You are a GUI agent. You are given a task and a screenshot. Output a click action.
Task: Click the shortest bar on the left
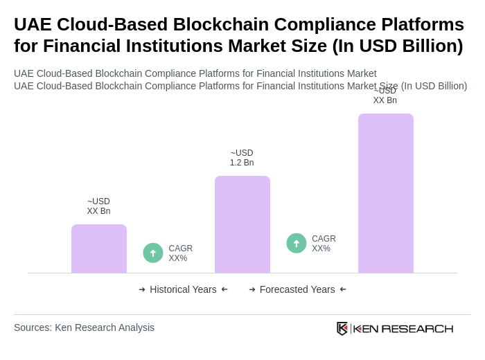pos(99,249)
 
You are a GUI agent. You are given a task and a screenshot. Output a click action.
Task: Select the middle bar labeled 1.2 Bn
pos(242,224)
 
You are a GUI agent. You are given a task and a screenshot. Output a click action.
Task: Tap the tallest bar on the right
pos(385,193)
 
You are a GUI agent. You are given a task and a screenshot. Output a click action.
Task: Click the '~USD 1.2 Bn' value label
pos(242,158)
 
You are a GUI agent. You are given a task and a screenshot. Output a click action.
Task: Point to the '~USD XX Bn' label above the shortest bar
pos(98,206)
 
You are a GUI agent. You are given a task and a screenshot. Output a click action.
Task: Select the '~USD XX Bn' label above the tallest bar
pos(385,96)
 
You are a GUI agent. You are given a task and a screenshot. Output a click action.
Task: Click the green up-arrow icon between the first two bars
pos(153,253)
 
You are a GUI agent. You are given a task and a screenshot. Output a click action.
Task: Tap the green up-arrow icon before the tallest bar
pos(297,243)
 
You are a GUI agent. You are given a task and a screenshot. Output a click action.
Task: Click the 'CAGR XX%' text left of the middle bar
pos(180,253)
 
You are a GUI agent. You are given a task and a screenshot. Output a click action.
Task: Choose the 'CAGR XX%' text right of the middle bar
pos(324,244)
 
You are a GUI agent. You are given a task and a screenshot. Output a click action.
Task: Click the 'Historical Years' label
pos(183,289)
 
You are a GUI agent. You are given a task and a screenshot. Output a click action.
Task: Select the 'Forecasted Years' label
pos(297,289)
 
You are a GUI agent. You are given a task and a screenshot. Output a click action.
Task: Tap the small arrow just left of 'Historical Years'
pos(142,289)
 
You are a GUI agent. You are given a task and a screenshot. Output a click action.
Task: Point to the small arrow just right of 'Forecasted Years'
pos(343,289)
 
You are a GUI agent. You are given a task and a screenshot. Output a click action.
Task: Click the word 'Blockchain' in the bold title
pos(218,24)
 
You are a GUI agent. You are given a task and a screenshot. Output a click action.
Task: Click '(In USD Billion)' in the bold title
pos(398,46)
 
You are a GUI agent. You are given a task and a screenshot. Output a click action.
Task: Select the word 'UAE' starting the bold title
pos(33,24)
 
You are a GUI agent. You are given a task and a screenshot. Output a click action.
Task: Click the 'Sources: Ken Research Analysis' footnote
pos(84,327)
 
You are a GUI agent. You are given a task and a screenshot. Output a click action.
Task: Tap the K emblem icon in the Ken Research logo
pos(342,328)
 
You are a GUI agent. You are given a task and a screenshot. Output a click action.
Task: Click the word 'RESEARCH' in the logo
pos(417,328)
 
